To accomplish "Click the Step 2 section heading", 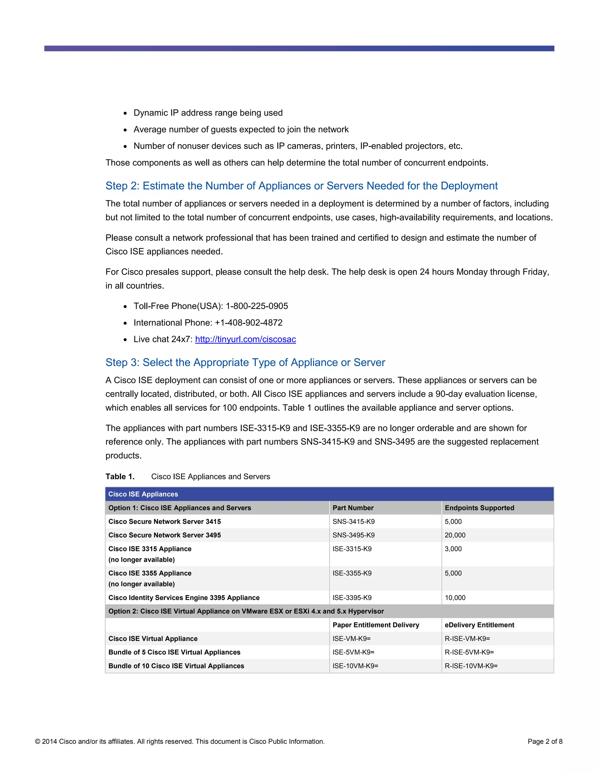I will [301, 186].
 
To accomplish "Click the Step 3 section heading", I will [245, 362].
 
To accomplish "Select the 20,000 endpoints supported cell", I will [455, 535].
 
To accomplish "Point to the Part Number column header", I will [353, 508].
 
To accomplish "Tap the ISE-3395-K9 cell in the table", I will [352, 597].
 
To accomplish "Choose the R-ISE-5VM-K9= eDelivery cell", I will [469, 652].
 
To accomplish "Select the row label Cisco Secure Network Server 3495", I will [164, 535].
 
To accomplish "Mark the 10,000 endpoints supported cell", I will [455, 597].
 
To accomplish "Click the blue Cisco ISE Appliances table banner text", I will [143, 494].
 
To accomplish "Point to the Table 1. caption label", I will [120, 476].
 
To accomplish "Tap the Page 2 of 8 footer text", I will [545, 741].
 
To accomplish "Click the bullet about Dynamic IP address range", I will [208, 113].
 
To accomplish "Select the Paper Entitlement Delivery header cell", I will [376, 625].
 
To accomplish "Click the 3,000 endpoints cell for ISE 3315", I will [453, 549].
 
